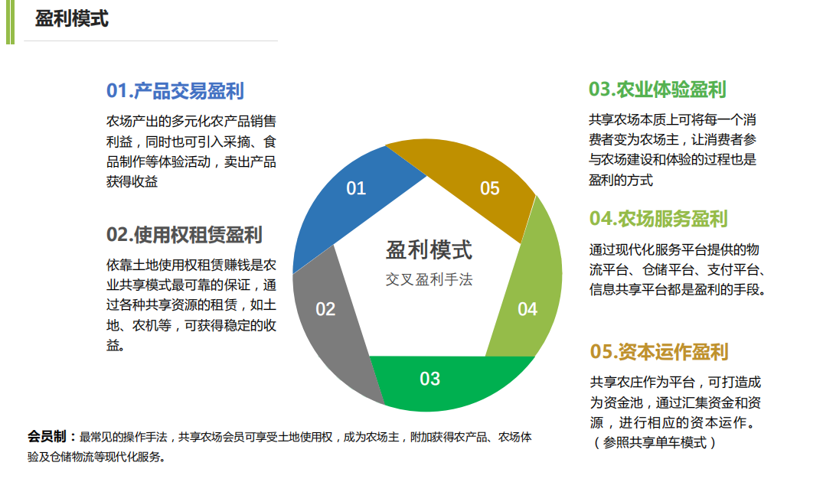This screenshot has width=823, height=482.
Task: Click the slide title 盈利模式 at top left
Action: coord(72,19)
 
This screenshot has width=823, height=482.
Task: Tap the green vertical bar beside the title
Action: coord(10,22)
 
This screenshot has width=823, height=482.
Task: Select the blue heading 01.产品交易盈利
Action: coord(175,91)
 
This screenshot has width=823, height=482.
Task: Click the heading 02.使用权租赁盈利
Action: coord(185,234)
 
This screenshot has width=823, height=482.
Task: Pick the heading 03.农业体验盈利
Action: coord(657,90)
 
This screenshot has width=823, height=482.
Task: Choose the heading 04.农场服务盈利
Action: coord(658,218)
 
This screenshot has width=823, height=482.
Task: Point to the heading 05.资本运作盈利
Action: coord(658,351)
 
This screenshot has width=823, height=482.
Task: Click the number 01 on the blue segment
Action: coord(356,188)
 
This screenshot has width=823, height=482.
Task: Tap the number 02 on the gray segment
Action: coord(325,309)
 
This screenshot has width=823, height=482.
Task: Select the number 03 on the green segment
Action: coord(429,379)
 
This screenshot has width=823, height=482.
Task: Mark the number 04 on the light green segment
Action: coord(527,309)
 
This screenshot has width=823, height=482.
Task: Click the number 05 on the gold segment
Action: coord(490,188)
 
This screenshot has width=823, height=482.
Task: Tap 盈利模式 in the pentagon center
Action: coord(429,249)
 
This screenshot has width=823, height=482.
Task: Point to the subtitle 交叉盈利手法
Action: coord(429,279)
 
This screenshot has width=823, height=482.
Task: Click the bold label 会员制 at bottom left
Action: coord(47,436)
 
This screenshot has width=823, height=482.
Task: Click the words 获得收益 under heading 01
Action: coord(132,181)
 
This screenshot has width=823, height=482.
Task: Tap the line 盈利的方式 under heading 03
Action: coord(620,180)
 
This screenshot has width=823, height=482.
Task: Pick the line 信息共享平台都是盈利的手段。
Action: coord(678,289)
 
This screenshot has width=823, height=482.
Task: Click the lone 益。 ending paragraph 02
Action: coord(116,344)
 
